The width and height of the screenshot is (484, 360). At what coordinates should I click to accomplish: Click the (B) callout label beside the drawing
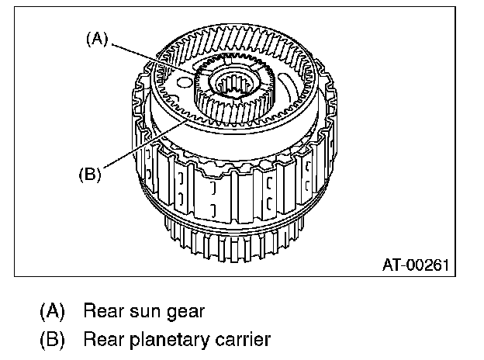90,174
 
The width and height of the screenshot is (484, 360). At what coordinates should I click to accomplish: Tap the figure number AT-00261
416,265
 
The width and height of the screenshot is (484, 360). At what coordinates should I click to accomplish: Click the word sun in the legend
143,313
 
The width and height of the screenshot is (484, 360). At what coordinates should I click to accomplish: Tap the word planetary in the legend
169,340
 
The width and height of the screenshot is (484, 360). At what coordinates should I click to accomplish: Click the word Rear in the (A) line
101,312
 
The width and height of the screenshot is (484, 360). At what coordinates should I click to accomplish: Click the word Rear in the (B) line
101,339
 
